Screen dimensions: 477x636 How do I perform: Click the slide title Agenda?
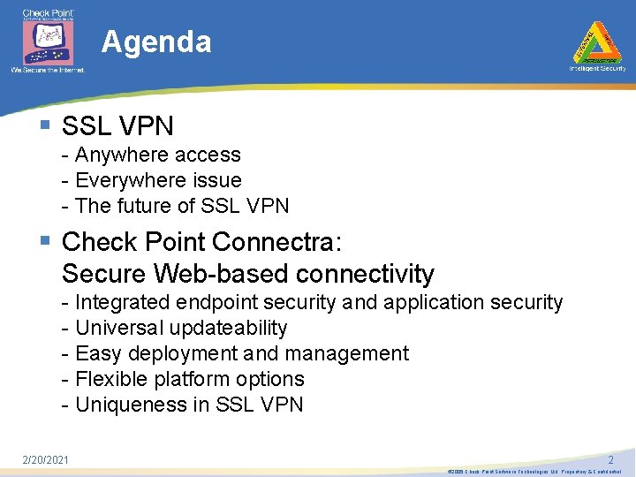(x=156, y=42)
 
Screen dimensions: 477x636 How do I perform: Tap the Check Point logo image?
(x=49, y=40)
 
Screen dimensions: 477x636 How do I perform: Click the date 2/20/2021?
(x=46, y=459)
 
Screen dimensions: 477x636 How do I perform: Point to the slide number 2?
(x=610, y=460)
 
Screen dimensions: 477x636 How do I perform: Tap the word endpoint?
(x=214, y=302)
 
